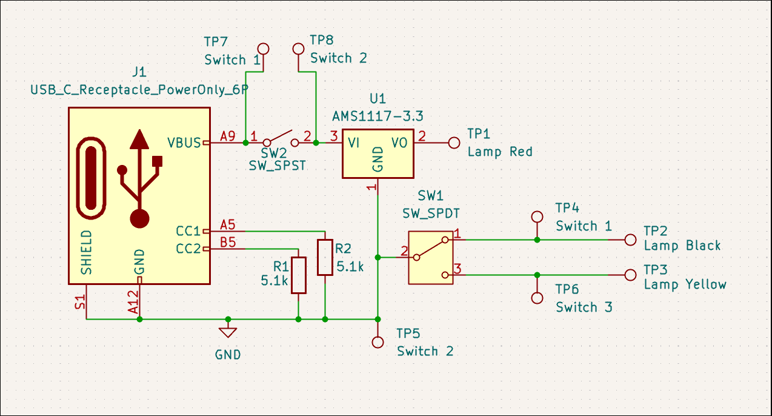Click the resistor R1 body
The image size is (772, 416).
click(x=299, y=275)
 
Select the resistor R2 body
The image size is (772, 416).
click(x=325, y=257)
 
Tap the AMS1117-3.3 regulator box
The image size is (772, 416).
click(x=378, y=153)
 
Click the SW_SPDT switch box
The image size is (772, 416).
click(x=431, y=257)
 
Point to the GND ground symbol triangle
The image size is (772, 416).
click(x=228, y=332)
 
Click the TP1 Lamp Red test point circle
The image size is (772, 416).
click(x=454, y=143)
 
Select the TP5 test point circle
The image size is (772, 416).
click(x=378, y=342)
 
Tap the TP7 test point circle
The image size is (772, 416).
click(x=263, y=48)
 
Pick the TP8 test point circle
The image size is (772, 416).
click(x=298, y=48)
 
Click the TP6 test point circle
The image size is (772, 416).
click(x=536, y=298)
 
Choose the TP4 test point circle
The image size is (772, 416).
click(x=536, y=216)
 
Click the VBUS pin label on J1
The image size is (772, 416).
click(x=184, y=143)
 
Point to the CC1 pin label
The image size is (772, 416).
click(x=188, y=231)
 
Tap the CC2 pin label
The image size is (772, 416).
click(x=188, y=249)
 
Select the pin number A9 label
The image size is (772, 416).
click(x=228, y=136)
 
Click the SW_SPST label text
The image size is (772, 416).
click(x=278, y=165)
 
